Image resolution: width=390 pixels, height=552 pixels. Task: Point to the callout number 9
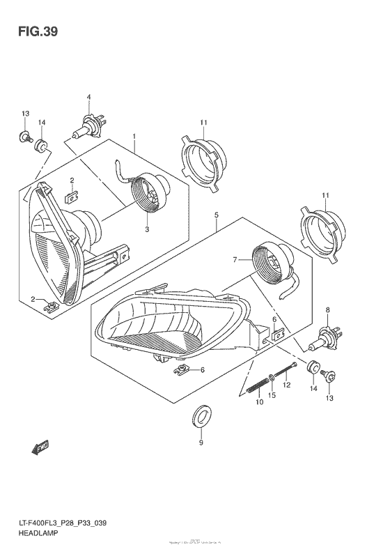(201, 443)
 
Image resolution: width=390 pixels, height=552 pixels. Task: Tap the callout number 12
(288, 385)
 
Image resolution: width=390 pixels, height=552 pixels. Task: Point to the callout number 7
(236, 259)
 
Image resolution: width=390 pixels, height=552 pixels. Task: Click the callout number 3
(147, 229)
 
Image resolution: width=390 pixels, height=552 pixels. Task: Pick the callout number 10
(258, 403)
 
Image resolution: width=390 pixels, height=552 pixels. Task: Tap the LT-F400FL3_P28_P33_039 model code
(62, 521)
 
